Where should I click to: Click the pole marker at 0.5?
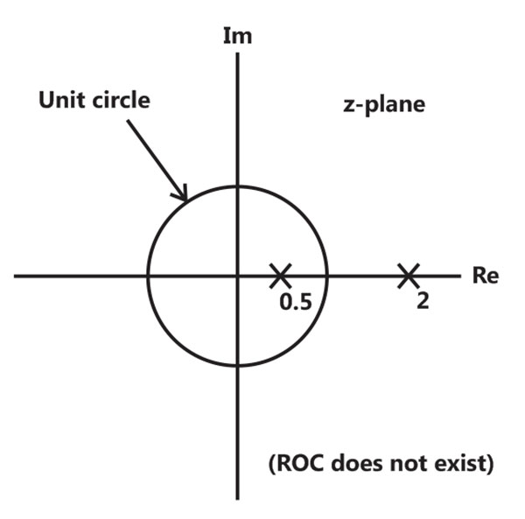[x=281, y=276]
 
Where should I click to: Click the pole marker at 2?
[x=409, y=276]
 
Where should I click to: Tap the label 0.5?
[x=296, y=302]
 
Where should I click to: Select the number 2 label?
[x=423, y=301]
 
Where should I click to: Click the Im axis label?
[x=237, y=36]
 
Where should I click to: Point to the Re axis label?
[x=486, y=276]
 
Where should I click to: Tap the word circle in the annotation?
[x=121, y=100]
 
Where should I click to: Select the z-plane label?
[x=384, y=105]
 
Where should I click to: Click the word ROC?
[x=297, y=463]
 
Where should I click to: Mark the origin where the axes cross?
[x=237, y=276]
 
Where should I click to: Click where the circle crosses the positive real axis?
[x=327, y=276]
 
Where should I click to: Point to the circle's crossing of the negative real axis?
[x=148, y=276]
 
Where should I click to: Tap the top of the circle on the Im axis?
[x=237, y=186]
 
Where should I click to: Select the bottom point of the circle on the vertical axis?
[x=237, y=365]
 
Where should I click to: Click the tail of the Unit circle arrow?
[x=128, y=121]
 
